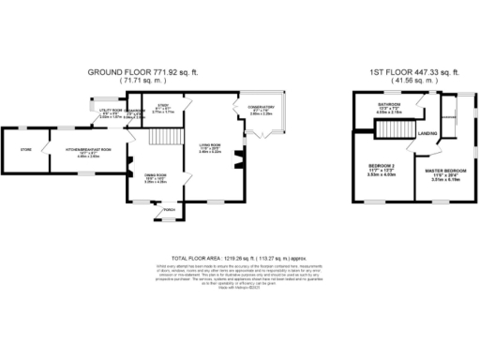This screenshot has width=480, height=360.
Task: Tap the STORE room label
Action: (25, 148)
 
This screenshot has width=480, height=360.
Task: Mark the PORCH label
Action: (170, 210)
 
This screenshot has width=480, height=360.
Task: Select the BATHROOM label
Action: (388, 103)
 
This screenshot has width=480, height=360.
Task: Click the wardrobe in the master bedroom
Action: (448, 117)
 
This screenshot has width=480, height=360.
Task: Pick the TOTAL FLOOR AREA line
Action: (240, 256)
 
